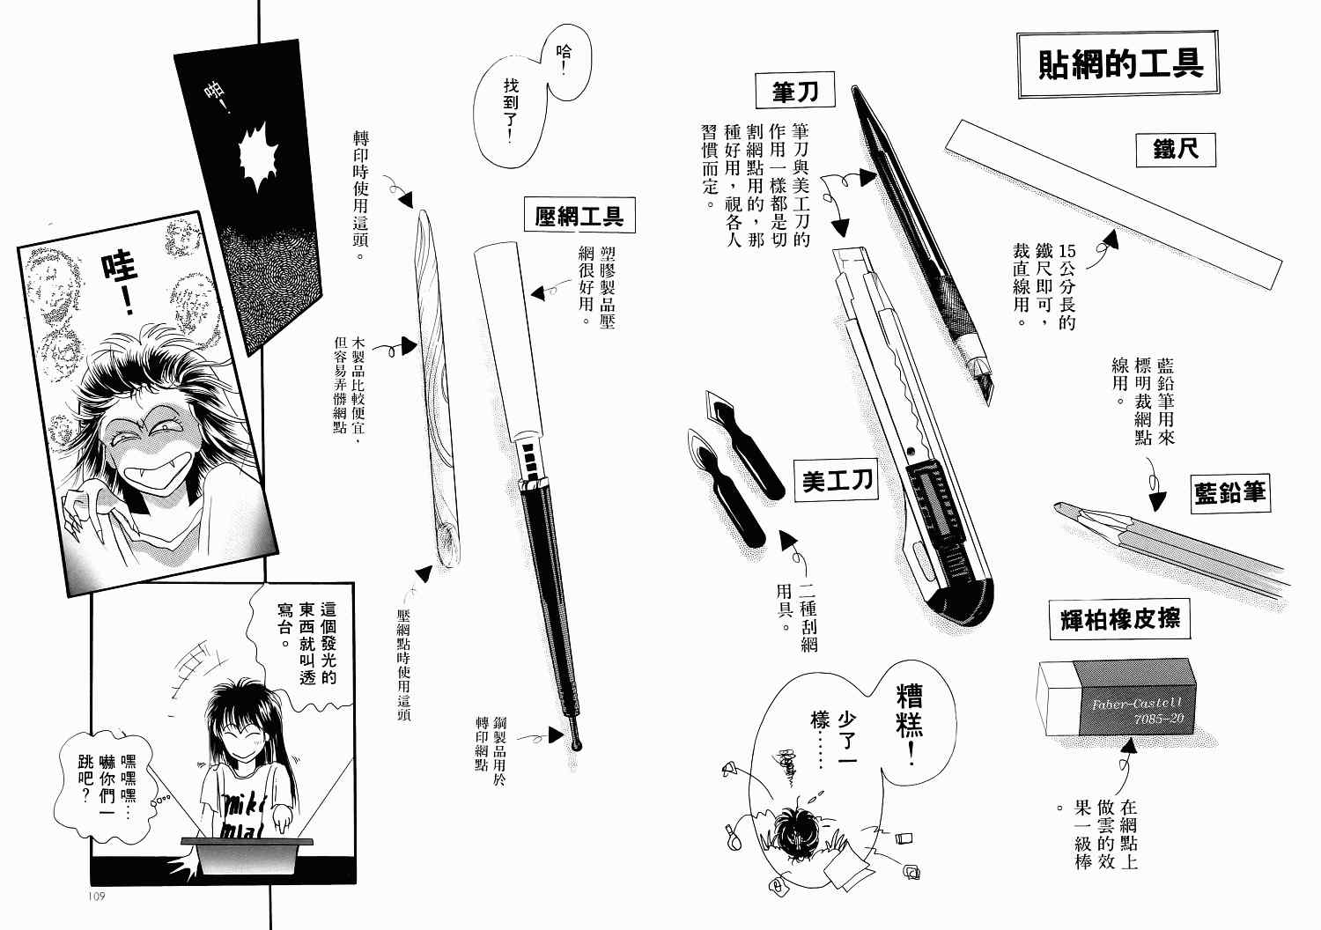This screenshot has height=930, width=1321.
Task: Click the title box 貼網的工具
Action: point(1118,63)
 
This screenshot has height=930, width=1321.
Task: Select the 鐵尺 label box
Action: point(1176,150)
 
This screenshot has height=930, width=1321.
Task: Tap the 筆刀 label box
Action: point(795,90)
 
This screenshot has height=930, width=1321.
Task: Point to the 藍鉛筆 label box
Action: point(1230,493)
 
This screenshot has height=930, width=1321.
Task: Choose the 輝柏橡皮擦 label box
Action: point(1120,620)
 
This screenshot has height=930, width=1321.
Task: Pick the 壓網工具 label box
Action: point(579,215)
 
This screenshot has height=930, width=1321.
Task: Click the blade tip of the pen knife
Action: point(988,404)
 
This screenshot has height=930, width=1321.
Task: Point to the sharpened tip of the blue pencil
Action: point(1056,506)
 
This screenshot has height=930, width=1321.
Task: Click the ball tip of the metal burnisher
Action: point(576,745)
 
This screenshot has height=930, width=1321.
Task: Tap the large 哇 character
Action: point(120,269)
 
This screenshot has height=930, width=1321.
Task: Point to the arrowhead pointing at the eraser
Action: point(1129,746)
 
